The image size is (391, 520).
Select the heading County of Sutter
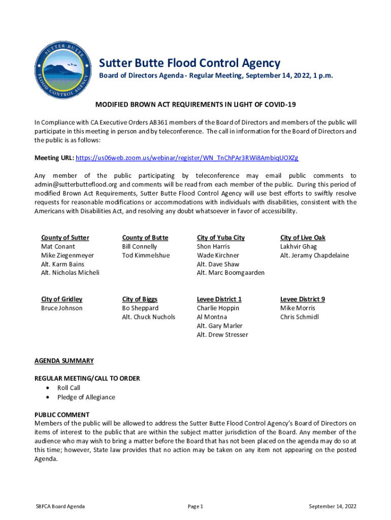[65, 238]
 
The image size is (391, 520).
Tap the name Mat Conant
[58, 247]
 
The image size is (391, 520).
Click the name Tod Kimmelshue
[146, 255]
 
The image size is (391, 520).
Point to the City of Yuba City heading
[220, 238]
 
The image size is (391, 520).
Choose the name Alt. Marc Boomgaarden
[231, 273]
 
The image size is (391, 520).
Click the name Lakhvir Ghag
[298, 247]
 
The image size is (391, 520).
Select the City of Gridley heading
[61, 299]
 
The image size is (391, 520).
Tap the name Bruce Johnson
[61, 308]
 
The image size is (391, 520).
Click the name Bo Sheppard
[140, 308]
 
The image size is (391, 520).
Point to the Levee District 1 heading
[219, 299]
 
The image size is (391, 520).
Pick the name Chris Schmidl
[299, 317]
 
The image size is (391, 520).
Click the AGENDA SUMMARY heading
[64, 361]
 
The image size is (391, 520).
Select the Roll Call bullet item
[69, 388]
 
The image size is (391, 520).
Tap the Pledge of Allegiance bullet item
[86, 397]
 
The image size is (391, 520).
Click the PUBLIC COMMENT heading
[62, 415]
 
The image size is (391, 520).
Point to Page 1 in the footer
[195, 506]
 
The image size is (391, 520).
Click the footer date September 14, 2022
[333, 506]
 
